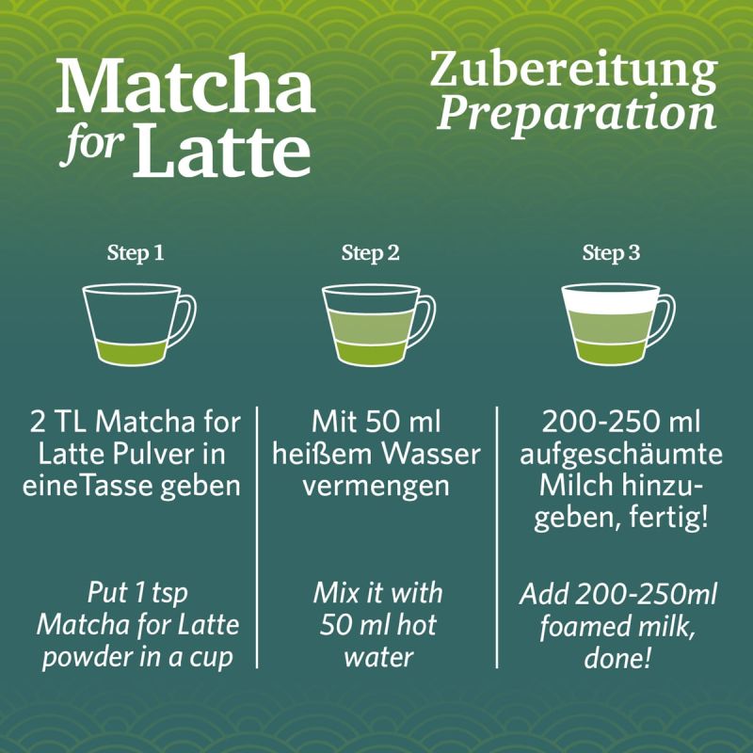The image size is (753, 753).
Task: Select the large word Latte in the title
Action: click(221, 148)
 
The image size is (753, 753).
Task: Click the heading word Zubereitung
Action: click(573, 73)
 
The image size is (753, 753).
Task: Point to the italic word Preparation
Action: click(577, 113)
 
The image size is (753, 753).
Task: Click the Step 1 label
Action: click(136, 254)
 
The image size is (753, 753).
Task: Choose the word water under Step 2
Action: click(377, 656)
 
